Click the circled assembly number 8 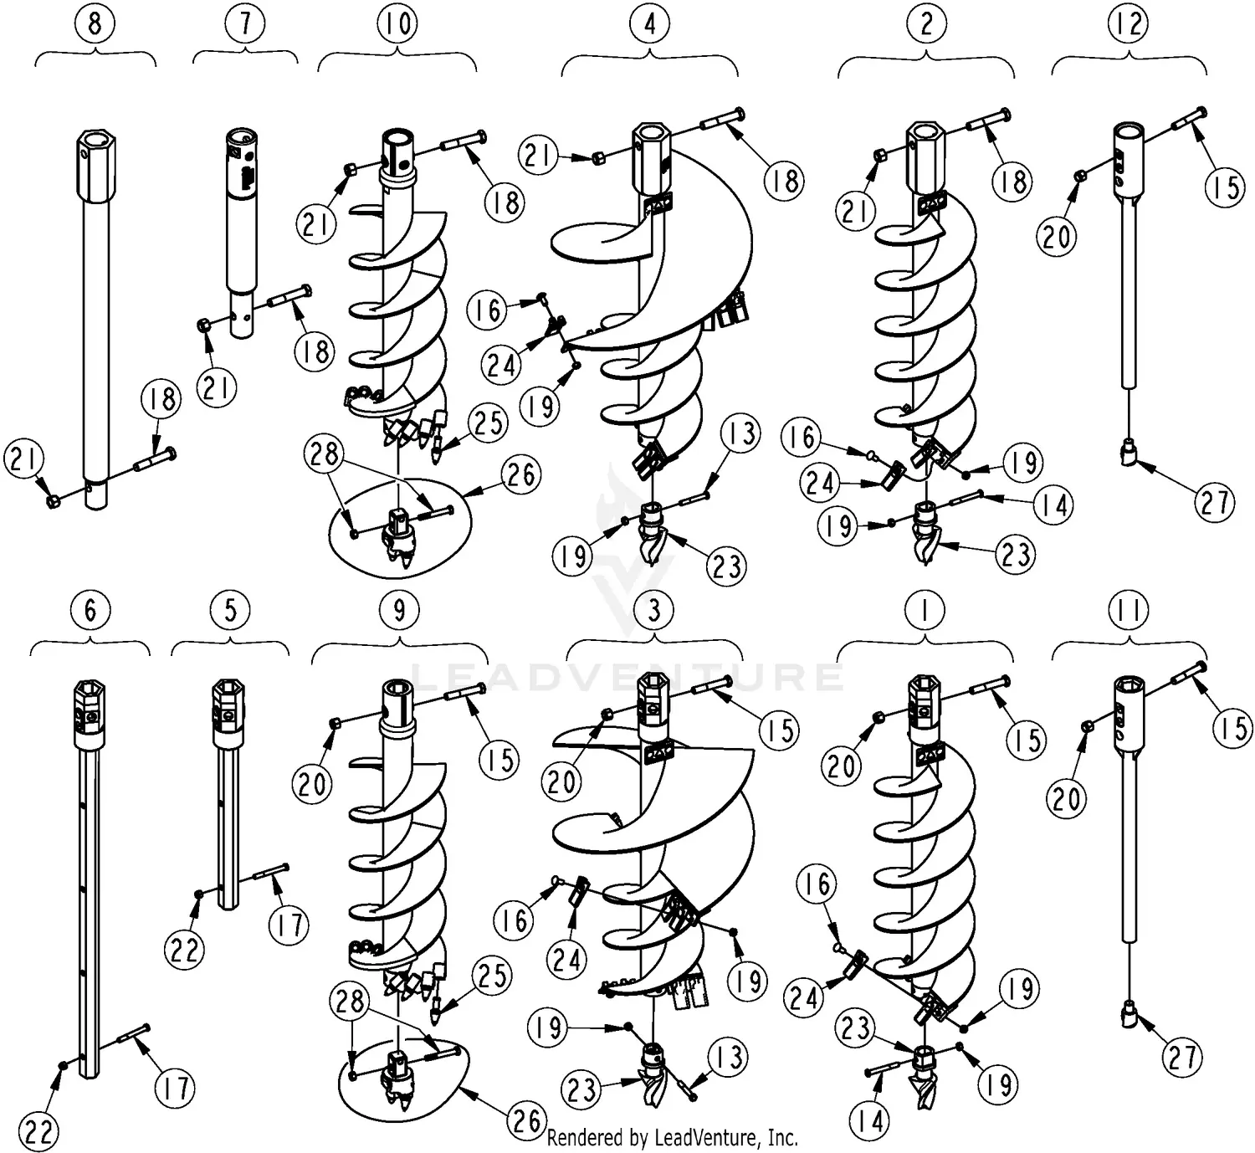click(95, 24)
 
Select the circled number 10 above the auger click(397, 24)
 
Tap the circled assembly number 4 click(649, 24)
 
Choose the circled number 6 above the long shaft click(90, 610)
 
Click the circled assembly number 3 click(653, 610)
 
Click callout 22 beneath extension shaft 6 click(38, 1131)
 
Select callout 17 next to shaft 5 click(289, 925)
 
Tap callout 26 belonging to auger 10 click(521, 474)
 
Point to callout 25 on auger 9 click(491, 976)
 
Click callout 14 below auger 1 click(870, 1120)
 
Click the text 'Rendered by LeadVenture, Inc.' click(672, 1138)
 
